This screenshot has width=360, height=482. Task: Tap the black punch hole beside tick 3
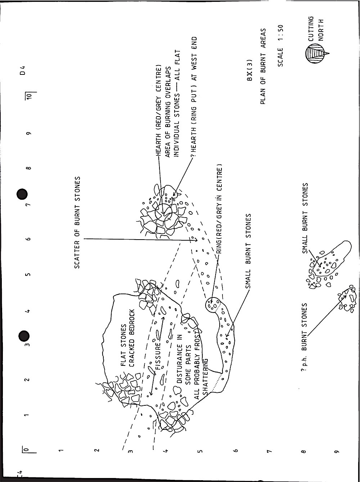(x=24, y=336)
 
